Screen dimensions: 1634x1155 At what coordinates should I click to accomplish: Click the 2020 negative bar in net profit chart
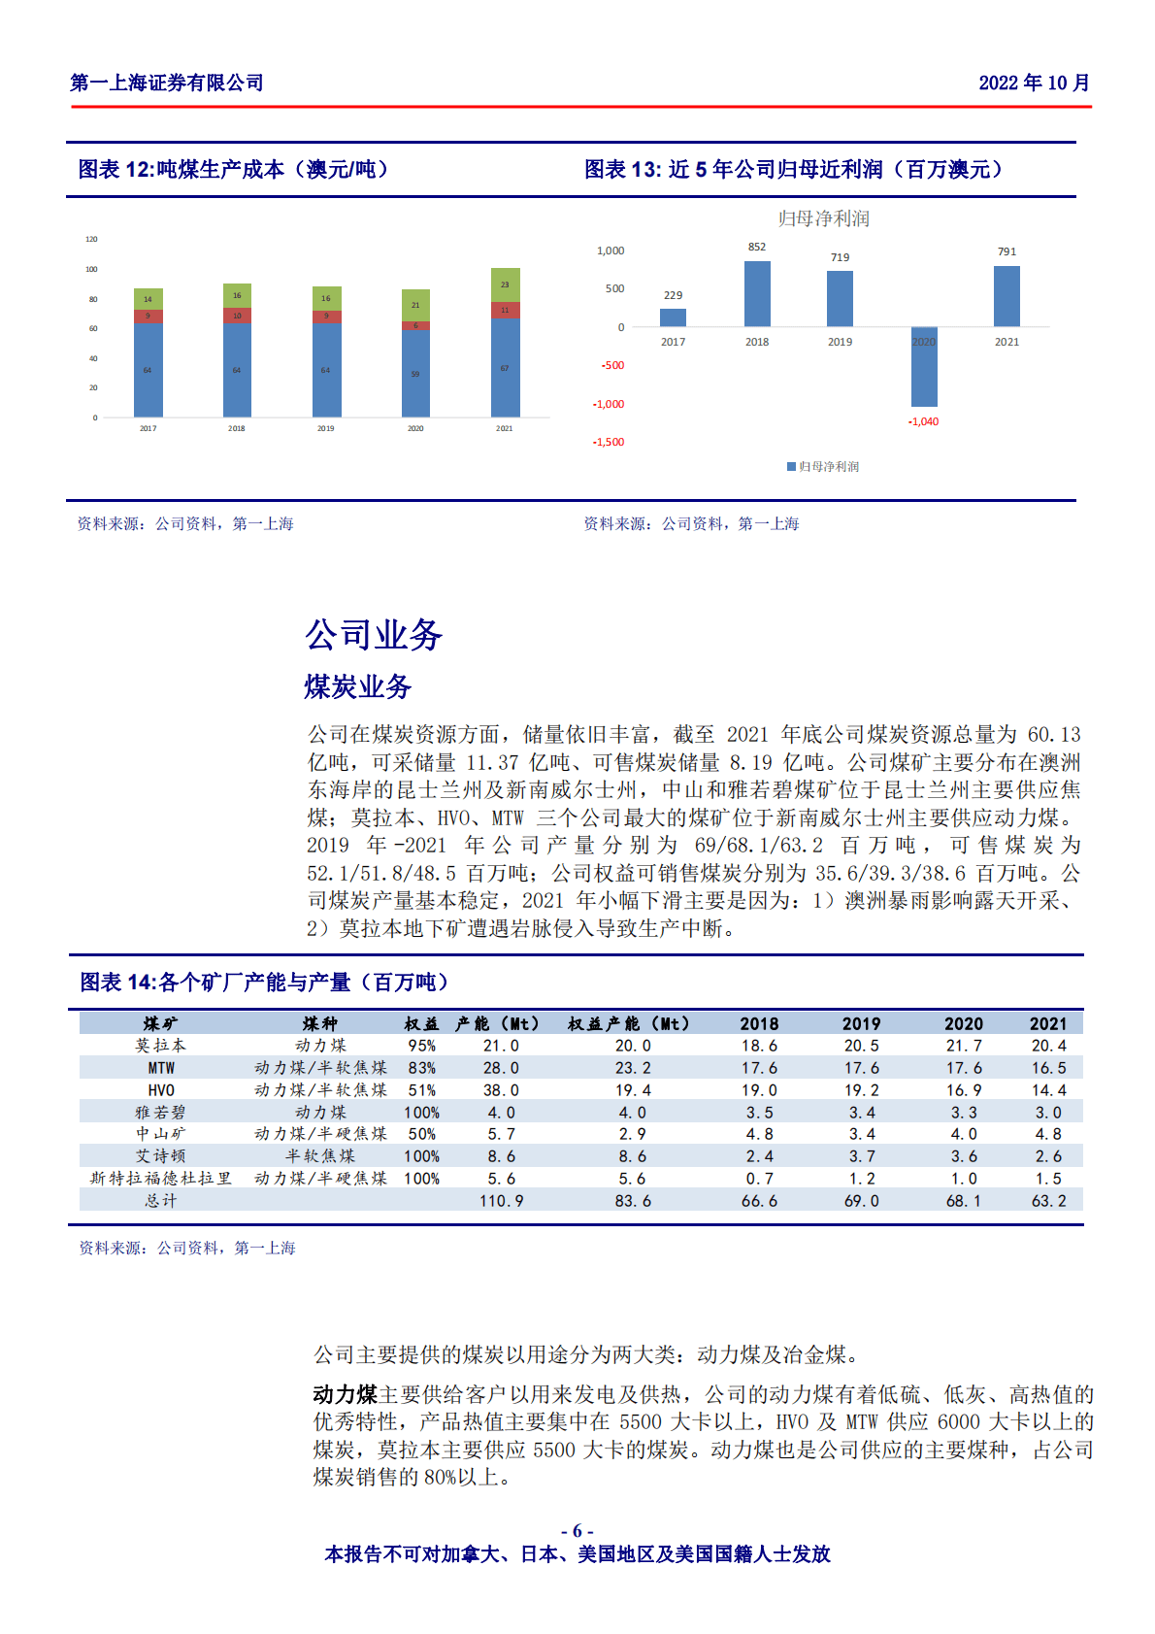coord(924,367)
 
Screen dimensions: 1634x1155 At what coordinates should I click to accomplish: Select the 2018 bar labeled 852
coord(757,293)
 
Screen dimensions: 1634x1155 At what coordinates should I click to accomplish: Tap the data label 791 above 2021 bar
coord(1006,251)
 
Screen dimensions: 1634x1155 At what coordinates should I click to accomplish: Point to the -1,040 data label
coord(923,421)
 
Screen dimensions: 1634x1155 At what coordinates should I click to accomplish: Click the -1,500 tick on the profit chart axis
coord(609,442)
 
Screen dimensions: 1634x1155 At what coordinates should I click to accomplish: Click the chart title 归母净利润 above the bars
coord(823,218)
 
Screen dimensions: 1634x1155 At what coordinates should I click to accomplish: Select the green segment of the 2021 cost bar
coord(505,284)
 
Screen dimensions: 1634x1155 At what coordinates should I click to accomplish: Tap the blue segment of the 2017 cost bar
coord(148,370)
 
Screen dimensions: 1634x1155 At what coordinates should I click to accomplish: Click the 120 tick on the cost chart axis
coord(91,239)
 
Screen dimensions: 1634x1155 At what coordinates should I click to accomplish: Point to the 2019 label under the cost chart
coord(325,428)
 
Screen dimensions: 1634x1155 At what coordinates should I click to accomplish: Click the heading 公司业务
coord(374,635)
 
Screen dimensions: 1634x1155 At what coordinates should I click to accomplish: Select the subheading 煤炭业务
coord(357,686)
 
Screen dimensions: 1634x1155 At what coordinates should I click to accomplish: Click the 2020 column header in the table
coord(963,1023)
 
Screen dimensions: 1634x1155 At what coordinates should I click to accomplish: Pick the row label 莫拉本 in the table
coord(161,1046)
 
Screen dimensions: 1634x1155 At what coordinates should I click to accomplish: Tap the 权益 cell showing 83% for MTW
coord(421,1068)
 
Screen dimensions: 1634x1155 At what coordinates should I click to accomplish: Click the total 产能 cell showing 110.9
coord(501,1201)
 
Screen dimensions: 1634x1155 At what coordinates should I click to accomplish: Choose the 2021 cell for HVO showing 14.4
coord(1048,1090)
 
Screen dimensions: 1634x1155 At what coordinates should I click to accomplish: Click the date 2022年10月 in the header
coord(1034,83)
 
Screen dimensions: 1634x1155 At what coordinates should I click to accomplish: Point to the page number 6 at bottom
coord(577,1531)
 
